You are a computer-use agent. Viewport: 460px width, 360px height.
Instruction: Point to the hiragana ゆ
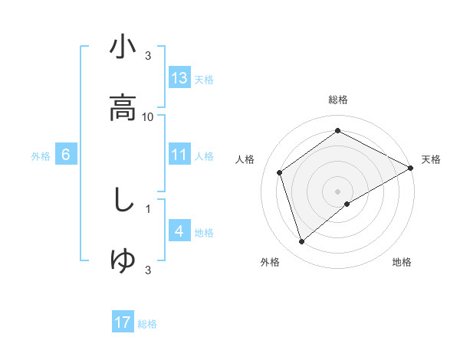click(x=123, y=260)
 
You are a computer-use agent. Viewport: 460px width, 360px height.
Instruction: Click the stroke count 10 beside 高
click(x=148, y=116)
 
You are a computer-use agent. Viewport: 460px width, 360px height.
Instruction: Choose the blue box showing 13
click(x=179, y=78)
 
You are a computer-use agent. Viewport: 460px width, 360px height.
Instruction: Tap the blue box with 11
click(x=179, y=155)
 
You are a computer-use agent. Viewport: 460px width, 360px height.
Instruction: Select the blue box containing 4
click(x=179, y=231)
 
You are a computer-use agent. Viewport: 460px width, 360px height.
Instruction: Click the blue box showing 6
click(x=66, y=155)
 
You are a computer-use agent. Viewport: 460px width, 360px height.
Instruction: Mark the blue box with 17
click(x=123, y=322)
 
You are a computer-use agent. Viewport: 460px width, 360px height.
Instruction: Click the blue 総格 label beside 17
click(x=147, y=324)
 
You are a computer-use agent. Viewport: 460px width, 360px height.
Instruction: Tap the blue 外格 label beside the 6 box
click(x=41, y=156)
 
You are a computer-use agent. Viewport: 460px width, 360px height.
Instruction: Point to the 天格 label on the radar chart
click(x=431, y=159)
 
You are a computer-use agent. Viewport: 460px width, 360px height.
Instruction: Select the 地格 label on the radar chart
click(x=402, y=262)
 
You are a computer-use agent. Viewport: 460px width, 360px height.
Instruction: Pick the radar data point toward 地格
click(x=348, y=204)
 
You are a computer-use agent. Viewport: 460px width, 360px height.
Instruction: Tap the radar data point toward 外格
click(x=301, y=242)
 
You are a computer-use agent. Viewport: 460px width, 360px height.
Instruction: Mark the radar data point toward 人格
click(x=280, y=172)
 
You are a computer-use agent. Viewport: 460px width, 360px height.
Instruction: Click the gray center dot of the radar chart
click(x=337, y=191)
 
